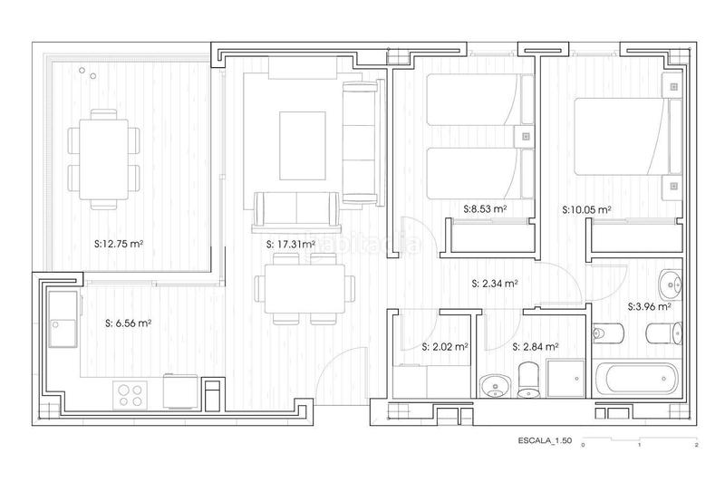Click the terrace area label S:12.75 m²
120,243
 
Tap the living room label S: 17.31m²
291,244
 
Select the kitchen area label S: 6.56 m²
128,322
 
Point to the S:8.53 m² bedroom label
485,208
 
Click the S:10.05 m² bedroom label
586,208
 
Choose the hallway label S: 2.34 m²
495,283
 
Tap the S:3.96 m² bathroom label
649,306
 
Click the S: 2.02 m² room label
445,346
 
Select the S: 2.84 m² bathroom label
535,346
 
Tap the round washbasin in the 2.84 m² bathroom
495,384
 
